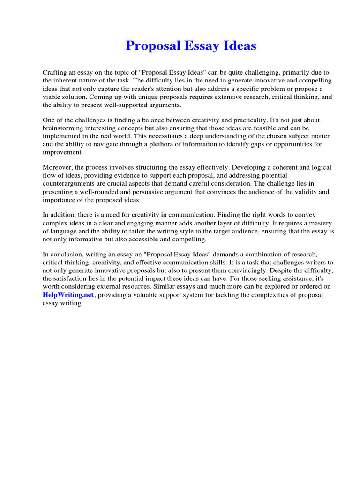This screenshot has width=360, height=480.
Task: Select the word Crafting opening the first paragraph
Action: pyautogui.click(x=56, y=73)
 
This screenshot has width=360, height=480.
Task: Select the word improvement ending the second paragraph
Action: pyautogui.click(x=62, y=152)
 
